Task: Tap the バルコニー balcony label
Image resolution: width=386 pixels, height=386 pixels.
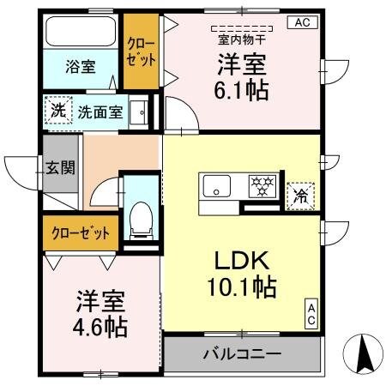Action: click(241, 353)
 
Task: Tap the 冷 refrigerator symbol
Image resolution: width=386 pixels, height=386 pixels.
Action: click(301, 195)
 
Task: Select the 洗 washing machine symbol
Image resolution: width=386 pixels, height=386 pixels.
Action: click(57, 110)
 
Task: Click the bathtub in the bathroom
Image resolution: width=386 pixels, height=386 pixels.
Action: click(80, 32)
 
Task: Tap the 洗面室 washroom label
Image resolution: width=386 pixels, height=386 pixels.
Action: click(101, 111)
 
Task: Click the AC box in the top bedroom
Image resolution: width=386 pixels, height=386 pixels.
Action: click(301, 22)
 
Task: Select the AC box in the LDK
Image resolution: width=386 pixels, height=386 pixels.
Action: click(311, 314)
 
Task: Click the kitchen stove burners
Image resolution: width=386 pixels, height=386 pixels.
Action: click(260, 183)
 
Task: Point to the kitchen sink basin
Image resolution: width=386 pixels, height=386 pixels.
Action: click(216, 184)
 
